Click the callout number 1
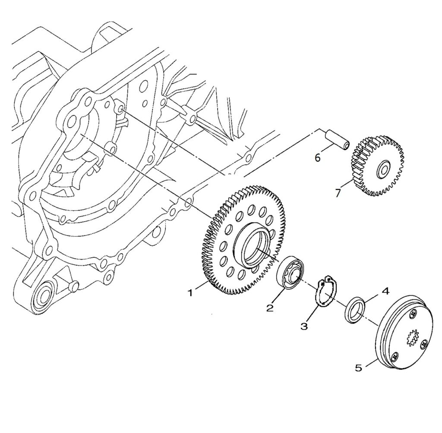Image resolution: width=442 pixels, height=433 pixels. [x=190, y=293]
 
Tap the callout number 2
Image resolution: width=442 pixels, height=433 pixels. [x=270, y=307]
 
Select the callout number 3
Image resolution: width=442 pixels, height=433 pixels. [x=304, y=326]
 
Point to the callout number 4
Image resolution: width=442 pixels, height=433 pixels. [x=385, y=291]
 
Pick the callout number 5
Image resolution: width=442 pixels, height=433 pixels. [x=358, y=368]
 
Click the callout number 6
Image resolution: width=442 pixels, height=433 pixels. [x=318, y=158]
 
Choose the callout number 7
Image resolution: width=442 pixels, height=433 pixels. [x=338, y=193]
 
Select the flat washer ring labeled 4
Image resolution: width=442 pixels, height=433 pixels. [x=356, y=309]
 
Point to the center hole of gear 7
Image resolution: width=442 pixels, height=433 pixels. [x=382, y=170]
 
